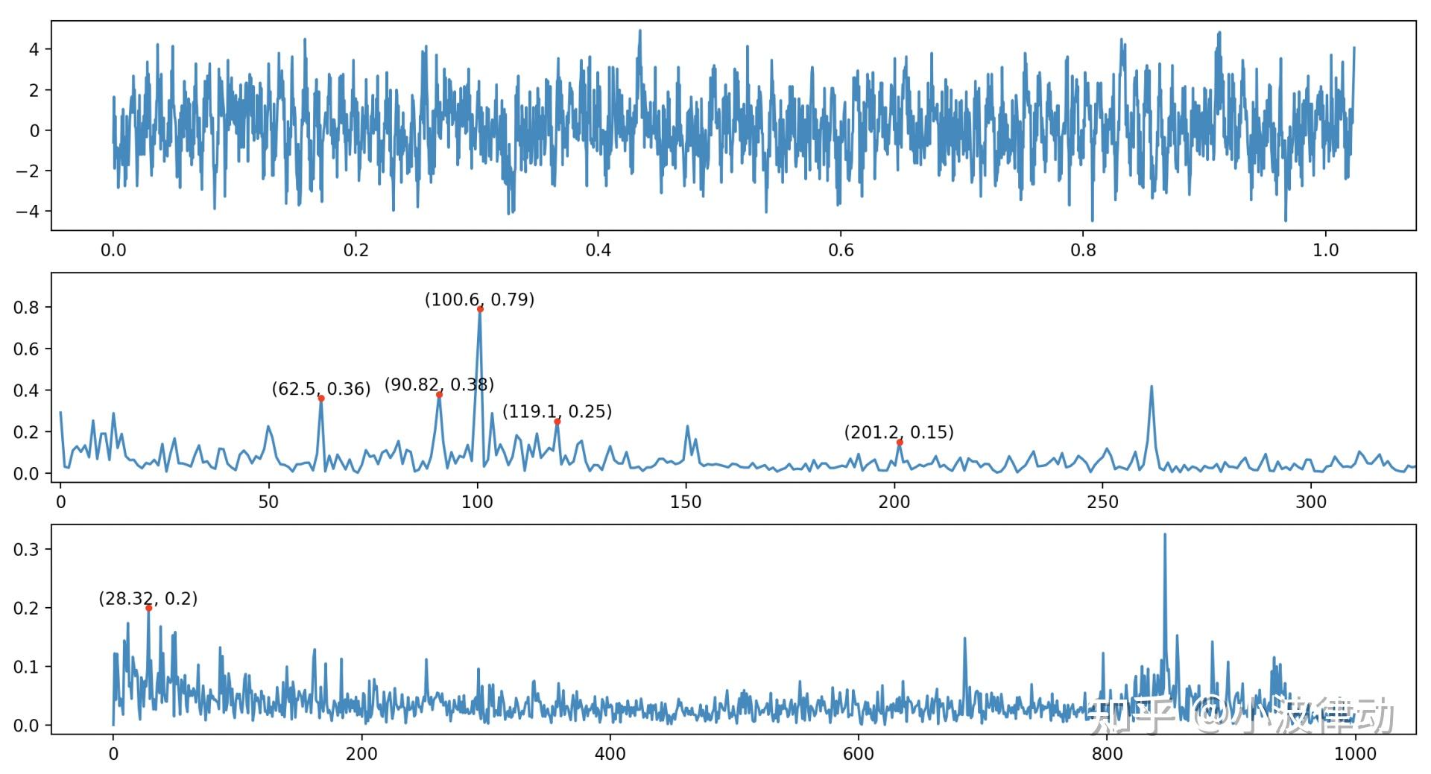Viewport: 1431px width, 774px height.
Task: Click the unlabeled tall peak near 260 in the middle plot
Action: point(1152,387)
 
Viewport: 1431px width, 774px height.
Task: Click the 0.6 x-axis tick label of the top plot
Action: point(841,250)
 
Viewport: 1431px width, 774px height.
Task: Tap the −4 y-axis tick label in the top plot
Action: point(28,211)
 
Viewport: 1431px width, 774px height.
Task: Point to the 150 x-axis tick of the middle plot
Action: point(686,502)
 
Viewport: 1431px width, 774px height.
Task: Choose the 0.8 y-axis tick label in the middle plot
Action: point(25,307)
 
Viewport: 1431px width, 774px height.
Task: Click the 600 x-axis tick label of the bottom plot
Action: point(858,754)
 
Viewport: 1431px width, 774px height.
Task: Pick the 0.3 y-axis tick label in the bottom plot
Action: point(25,550)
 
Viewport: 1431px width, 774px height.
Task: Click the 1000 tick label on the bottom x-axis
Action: point(1354,754)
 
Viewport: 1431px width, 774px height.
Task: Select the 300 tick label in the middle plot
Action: point(1311,502)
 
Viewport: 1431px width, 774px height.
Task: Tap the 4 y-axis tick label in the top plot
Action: point(34,49)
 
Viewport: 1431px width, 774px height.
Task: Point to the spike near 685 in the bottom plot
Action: point(964,639)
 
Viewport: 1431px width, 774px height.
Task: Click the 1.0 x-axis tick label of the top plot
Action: point(1326,250)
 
